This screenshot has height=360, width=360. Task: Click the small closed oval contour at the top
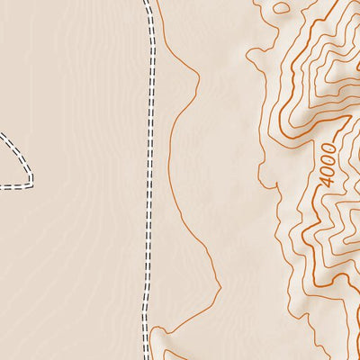tap(282, 7)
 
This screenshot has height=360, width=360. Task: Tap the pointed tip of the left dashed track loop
tap(31, 179)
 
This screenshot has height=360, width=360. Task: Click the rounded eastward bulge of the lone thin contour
tap(197, 85)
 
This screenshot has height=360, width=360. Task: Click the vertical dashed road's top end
tap(147, 3)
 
